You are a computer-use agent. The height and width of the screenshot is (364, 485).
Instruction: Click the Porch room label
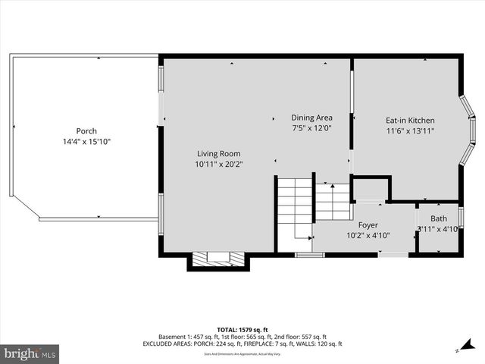pyautogui.click(x=86, y=131)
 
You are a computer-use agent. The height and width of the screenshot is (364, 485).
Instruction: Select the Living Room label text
pyautogui.click(x=218, y=152)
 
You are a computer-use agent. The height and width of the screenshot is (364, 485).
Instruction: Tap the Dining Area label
pyautogui.click(x=311, y=118)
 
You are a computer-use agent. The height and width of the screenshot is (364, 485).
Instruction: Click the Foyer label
pyautogui.click(x=368, y=224)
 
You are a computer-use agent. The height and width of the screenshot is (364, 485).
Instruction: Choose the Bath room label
pyautogui.click(x=439, y=218)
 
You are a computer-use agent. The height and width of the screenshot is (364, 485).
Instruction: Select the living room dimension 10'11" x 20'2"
pyautogui.click(x=218, y=163)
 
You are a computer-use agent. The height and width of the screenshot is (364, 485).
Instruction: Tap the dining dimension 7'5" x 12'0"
pyautogui.click(x=311, y=128)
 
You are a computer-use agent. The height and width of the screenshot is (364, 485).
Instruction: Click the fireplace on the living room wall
pyautogui.click(x=217, y=260)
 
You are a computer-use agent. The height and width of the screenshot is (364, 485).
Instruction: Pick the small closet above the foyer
pyautogui.click(x=371, y=189)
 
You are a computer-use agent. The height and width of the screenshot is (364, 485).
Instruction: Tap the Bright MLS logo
pyautogui.click(x=30, y=353)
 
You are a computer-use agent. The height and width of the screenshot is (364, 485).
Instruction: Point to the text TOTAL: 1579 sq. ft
pyautogui.click(x=242, y=329)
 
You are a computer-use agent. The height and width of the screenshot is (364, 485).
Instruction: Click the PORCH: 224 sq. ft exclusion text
pyautogui.click(x=226, y=344)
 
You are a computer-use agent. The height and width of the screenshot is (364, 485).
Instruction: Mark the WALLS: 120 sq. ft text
pyautogui.click(x=322, y=344)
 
